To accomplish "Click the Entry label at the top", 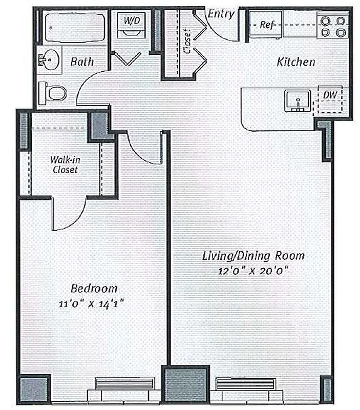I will [221, 14].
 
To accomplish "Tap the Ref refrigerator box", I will [266, 25].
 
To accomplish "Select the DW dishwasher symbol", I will [329, 96].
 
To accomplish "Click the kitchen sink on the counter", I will [297, 101].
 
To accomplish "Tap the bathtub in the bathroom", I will [74, 28].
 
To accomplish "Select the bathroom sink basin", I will [50, 59].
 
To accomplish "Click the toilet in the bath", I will [53, 93].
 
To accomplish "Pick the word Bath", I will [82, 61].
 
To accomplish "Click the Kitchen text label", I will [295, 62].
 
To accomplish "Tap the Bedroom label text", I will [94, 288].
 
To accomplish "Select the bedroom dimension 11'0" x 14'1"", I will [93, 303].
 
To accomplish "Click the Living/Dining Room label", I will [253, 255].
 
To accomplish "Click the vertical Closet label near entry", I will [187, 41].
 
